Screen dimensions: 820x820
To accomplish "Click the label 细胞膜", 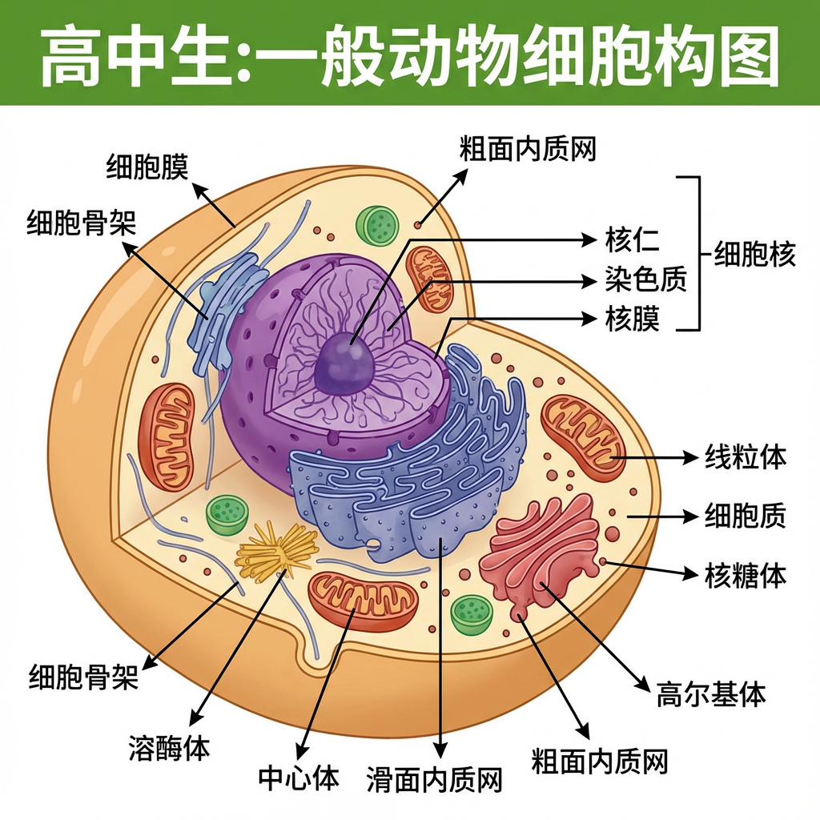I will [147, 167].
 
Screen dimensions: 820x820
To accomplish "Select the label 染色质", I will [645, 279].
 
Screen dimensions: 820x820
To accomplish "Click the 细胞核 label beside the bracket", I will [755, 255].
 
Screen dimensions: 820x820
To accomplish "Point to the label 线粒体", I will [745, 457].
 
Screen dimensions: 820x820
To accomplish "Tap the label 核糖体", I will [745, 574].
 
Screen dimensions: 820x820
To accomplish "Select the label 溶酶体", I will [169, 748].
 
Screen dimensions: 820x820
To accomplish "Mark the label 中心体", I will [299, 777].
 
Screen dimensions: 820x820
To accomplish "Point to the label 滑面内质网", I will [435, 778].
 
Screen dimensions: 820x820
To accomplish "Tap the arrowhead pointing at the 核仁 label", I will [592, 239].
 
